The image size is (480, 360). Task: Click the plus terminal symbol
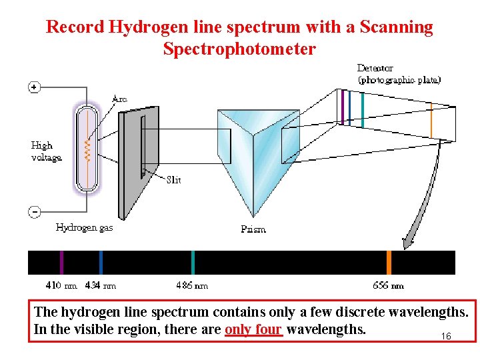(33, 87)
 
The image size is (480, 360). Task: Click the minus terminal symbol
(33, 211)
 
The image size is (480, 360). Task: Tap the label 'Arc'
(119, 99)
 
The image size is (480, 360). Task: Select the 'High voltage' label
(46, 151)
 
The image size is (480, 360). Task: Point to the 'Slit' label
(173, 179)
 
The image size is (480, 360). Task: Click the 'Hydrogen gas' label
(84, 227)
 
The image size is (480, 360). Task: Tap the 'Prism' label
(253, 229)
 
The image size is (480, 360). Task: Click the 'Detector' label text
(375, 68)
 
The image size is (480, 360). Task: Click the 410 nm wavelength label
(61, 285)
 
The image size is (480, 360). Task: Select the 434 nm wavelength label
(101, 285)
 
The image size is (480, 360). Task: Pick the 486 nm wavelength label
(192, 285)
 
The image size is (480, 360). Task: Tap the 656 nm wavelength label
(388, 285)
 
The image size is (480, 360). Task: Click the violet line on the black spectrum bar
(61, 263)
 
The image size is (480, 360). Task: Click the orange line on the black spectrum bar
(389, 263)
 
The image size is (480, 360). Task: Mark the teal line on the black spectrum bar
(193, 263)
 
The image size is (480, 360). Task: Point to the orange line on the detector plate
(431, 119)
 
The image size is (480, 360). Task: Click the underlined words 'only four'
(254, 329)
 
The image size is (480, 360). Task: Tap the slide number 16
(446, 337)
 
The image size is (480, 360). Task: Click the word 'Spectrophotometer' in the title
(239, 49)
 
